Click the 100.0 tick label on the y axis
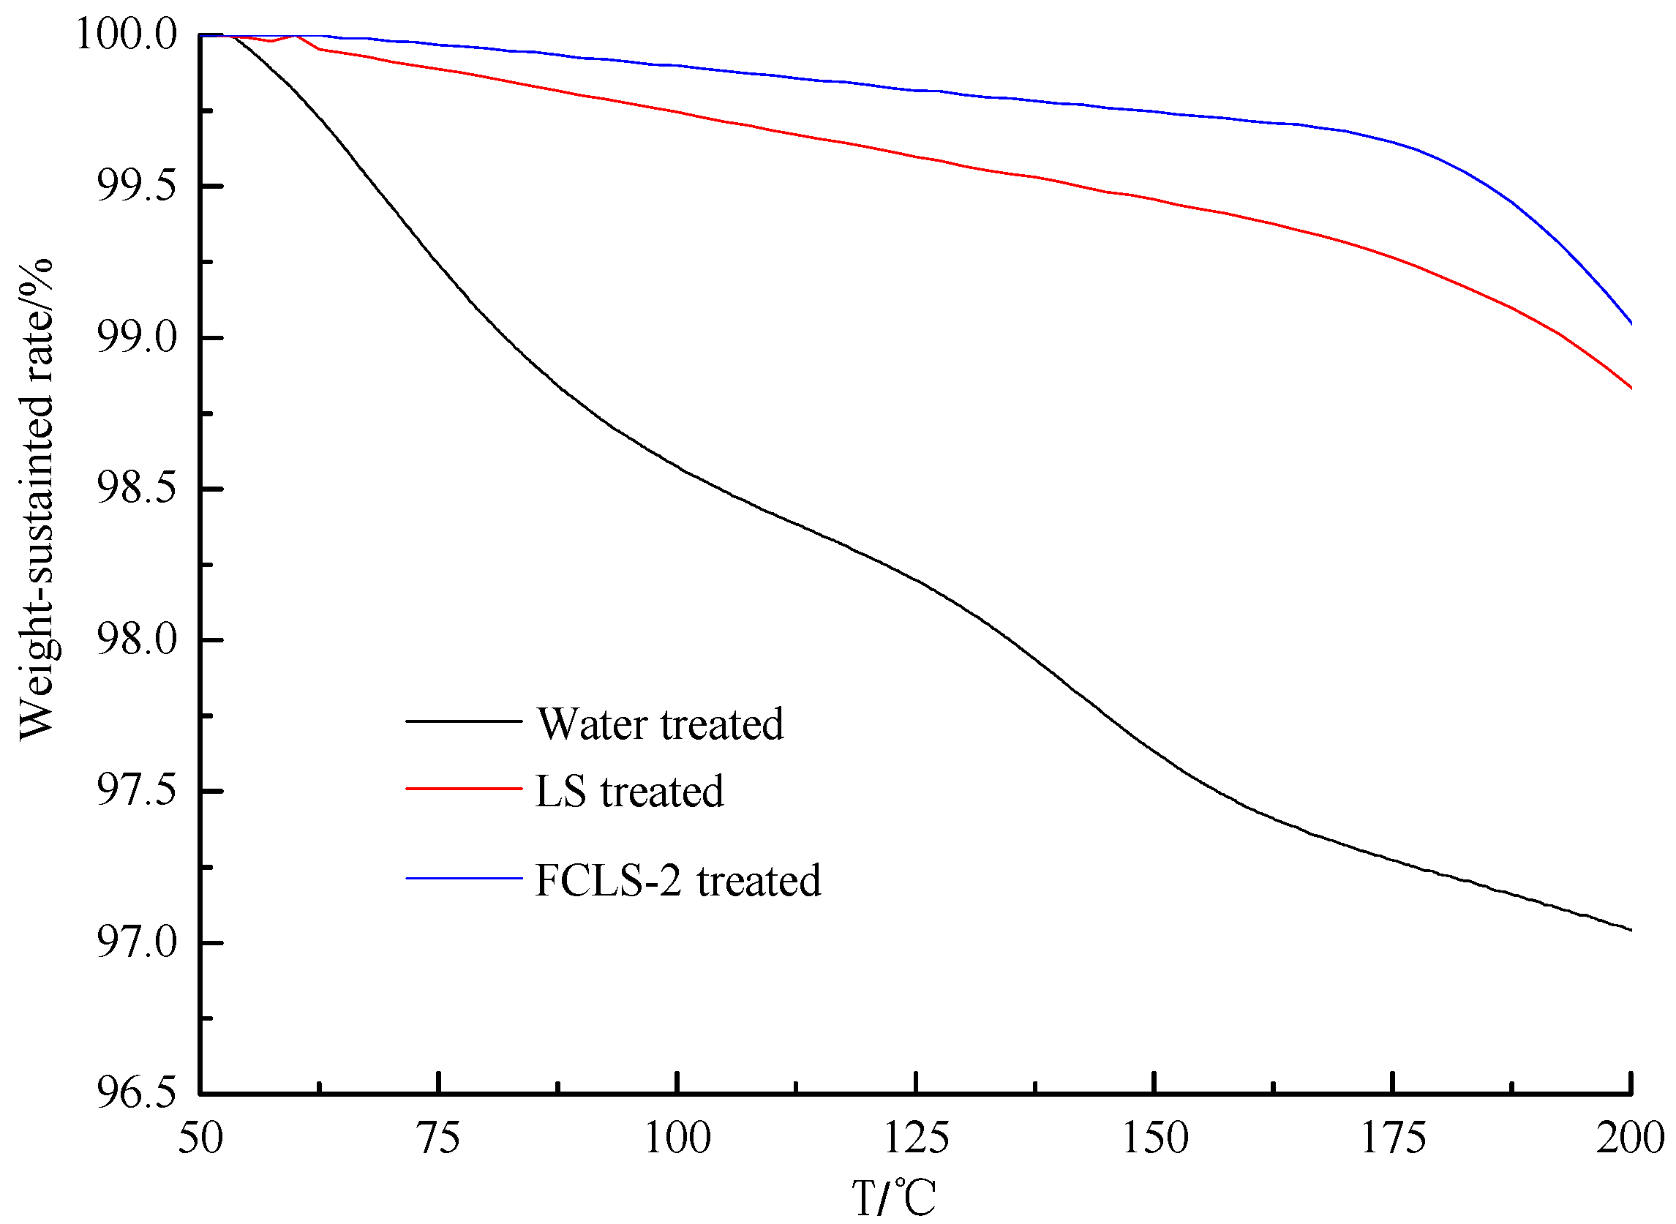[x=127, y=35]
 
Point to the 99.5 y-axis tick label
[x=137, y=187]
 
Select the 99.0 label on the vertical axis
[x=137, y=338]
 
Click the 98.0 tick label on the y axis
[x=137, y=640]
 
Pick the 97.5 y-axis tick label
[x=137, y=792]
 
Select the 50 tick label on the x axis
[x=200, y=1138]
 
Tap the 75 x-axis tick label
[x=440, y=1138]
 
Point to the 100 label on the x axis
[x=678, y=1138]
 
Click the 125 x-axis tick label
[x=917, y=1138]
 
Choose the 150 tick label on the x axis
[x=1155, y=1138]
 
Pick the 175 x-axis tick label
[x=1394, y=1138]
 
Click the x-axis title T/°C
[x=893, y=1198]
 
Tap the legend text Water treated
[x=659, y=724]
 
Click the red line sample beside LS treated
[x=465, y=789]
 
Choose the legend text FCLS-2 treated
[x=678, y=880]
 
